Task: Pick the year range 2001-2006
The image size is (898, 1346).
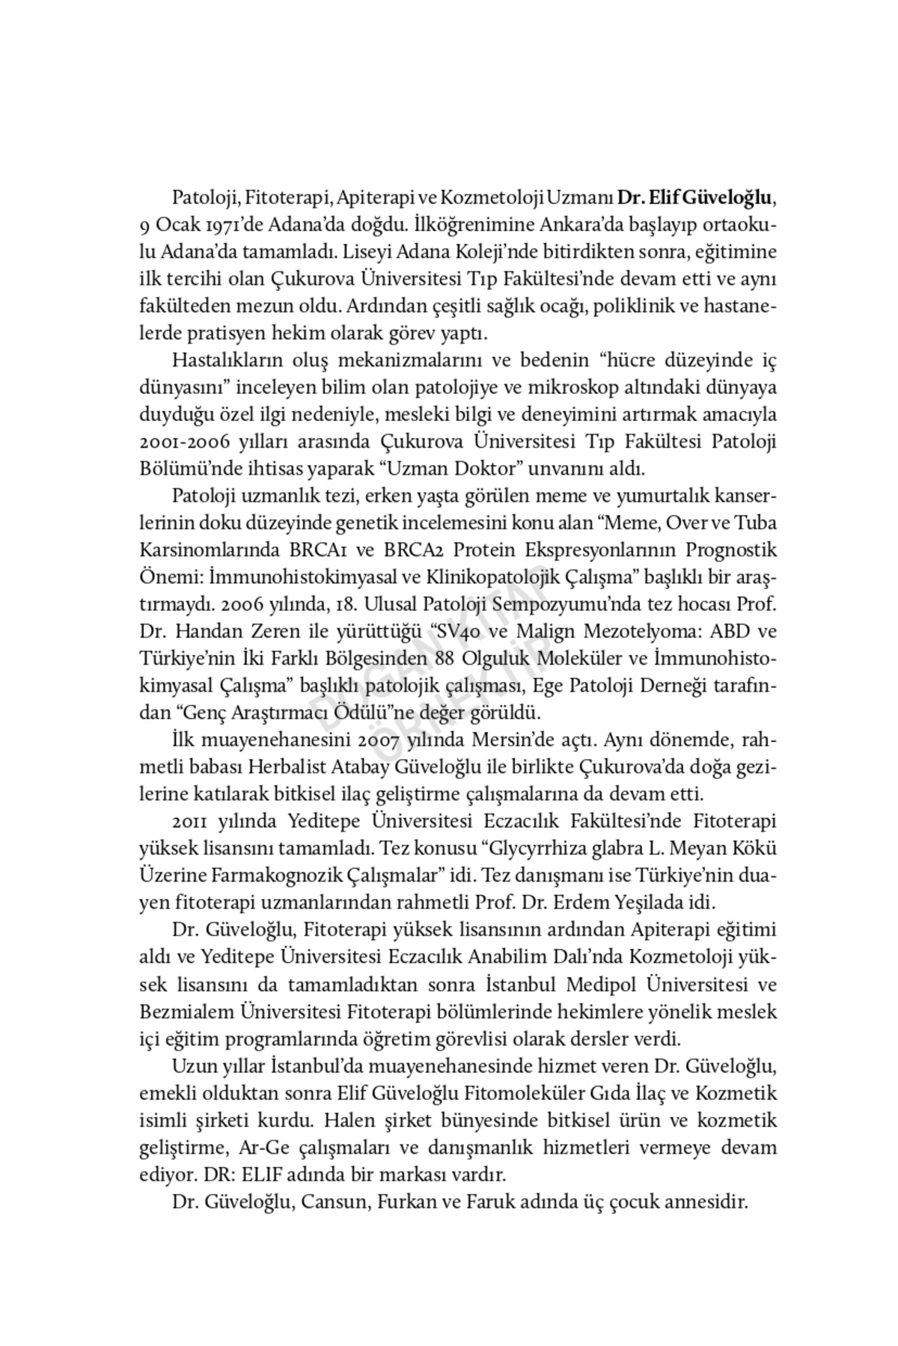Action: click(184, 441)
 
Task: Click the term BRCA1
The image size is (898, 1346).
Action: click(314, 550)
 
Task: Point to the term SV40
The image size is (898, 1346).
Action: click(464, 631)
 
